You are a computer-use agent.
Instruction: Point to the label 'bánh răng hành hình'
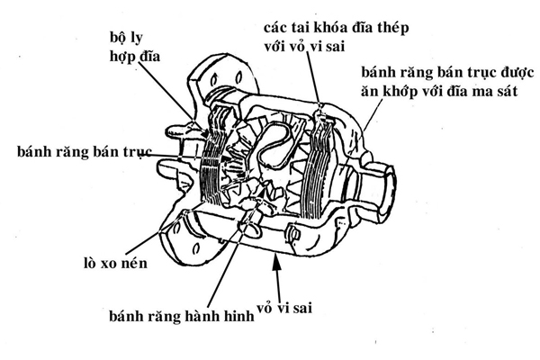(x=178, y=316)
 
